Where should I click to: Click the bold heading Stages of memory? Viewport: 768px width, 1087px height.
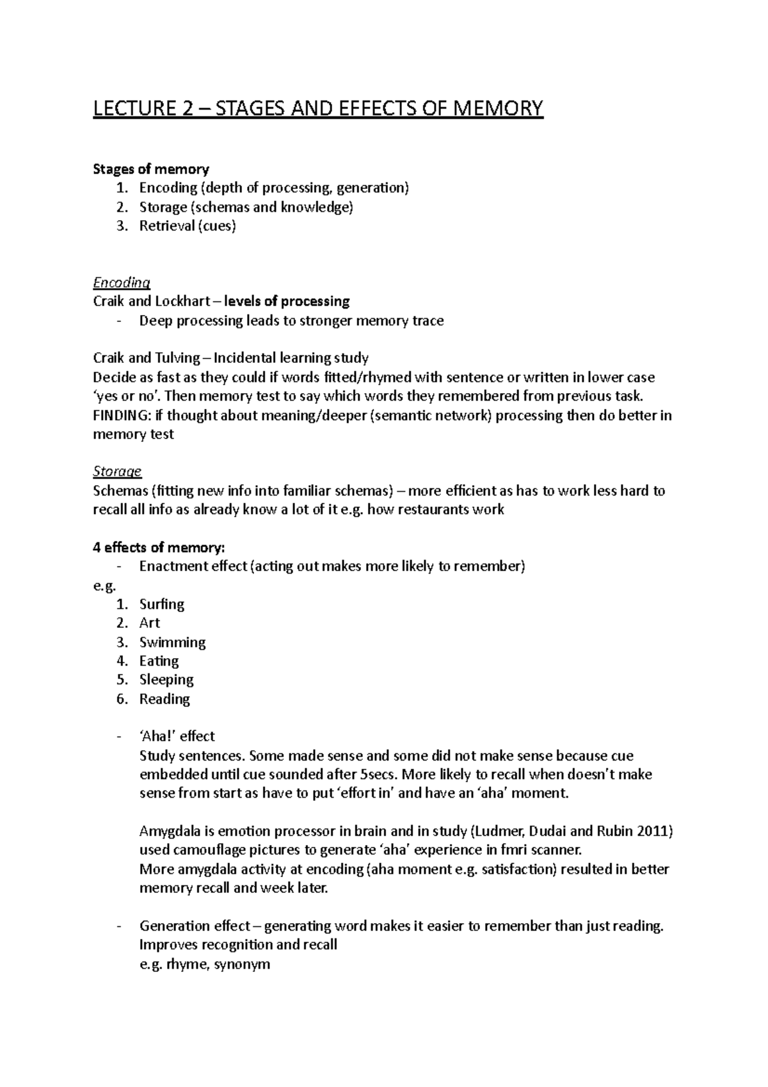pos(151,169)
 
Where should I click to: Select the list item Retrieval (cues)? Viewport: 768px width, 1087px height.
pos(188,226)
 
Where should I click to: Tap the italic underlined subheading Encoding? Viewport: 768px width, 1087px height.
pos(122,282)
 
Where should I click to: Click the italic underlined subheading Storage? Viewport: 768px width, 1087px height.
pos(117,472)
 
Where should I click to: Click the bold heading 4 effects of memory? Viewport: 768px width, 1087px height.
pos(159,547)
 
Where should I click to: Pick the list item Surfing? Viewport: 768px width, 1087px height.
pos(162,604)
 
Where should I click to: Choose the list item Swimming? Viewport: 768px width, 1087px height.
pos(172,642)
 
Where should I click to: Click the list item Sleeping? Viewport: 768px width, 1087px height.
pos(166,680)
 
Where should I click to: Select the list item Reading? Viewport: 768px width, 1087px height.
pos(164,699)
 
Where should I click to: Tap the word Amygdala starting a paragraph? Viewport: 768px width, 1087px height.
pos(170,832)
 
